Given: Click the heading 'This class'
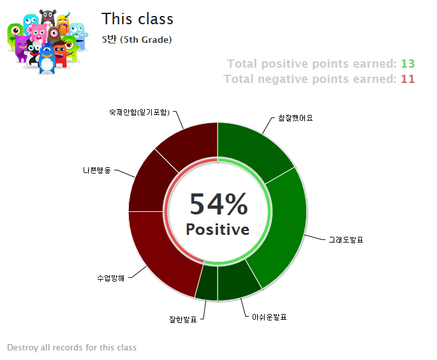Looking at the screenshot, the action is [x=137, y=19].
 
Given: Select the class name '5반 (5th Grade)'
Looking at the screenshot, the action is [x=137, y=40].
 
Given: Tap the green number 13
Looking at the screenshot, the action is [x=408, y=64].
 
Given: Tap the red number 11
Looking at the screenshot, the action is [x=408, y=79].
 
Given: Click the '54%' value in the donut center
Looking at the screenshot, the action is [x=218, y=204].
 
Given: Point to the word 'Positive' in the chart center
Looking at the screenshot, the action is [x=218, y=230].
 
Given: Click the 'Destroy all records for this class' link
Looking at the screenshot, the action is [x=72, y=347].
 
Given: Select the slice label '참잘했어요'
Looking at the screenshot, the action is [x=295, y=118].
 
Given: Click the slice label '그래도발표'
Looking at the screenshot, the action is [x=346, y=240].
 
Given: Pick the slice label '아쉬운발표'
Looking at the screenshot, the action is [x=269, y=317].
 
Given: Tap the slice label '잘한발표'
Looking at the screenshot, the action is [x=183, y=319].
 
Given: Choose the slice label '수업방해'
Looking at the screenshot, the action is [x=110, y=278].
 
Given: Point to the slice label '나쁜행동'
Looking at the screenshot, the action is [x=97, y=170].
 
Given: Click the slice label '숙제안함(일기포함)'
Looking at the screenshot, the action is [x=139, y=112].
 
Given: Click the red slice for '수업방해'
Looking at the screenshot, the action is [x=159, y=251].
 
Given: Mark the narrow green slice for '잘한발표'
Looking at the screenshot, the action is [x=207, y=282].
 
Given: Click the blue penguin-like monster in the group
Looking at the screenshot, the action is [x=47, y=59].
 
